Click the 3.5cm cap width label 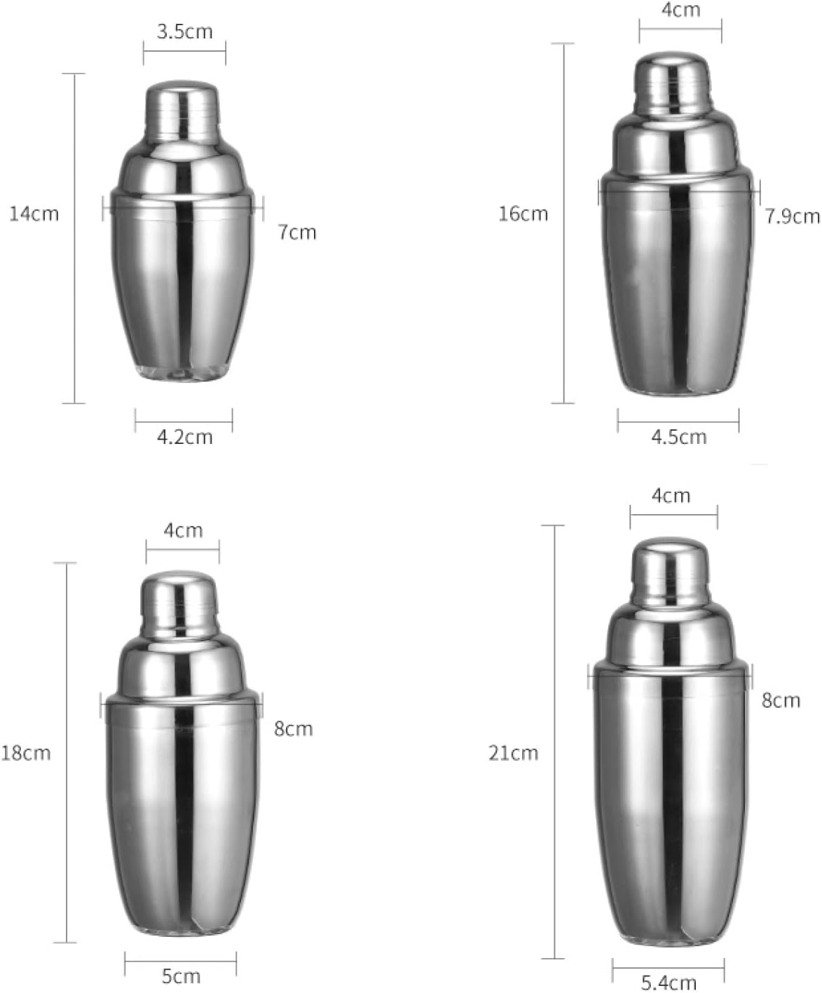point(185,32)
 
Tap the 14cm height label point(34,214)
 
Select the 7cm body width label point(297,232)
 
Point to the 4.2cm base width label point(185,437)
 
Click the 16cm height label point(523,214)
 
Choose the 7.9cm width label point(793,216)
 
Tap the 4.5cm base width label point(679,437)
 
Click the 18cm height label point(26,753)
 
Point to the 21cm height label point(513,753)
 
